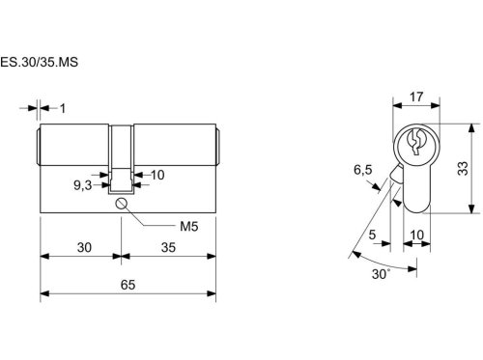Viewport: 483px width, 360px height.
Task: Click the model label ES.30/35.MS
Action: [x=39, y=62]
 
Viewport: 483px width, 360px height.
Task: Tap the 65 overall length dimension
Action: [x=128, y=285]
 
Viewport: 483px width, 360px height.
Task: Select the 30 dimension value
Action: [x=84, y=247]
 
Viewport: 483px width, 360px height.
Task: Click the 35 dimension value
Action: [x=168, y=247]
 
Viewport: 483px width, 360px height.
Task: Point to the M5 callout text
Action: [x=189, y=227]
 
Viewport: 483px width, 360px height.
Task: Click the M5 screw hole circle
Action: [x=121, y=204]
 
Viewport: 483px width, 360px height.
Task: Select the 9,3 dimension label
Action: [x=83, y=185]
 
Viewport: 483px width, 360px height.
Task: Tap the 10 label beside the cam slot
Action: [x=157, y=175]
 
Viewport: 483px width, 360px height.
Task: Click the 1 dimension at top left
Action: [x=63, y=109]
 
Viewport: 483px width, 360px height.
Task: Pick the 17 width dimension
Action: [x=416, y=97]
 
